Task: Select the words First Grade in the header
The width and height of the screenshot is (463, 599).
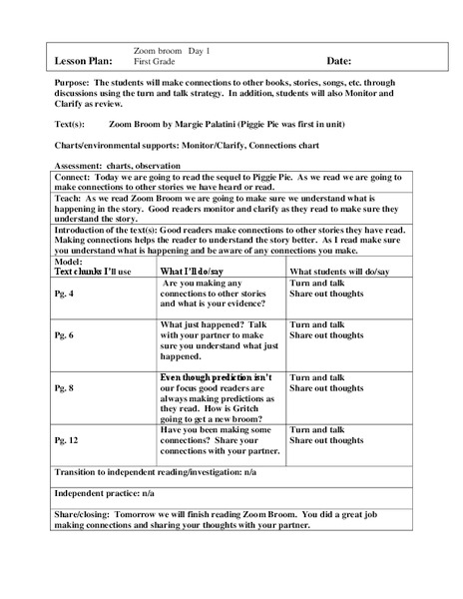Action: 156,62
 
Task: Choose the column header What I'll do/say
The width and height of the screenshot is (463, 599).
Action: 199,272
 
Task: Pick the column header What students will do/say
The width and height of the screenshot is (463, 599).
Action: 339,272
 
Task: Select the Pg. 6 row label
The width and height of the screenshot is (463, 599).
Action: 64,336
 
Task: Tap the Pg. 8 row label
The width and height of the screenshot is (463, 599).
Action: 64,386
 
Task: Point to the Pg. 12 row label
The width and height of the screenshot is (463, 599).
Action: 66,438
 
